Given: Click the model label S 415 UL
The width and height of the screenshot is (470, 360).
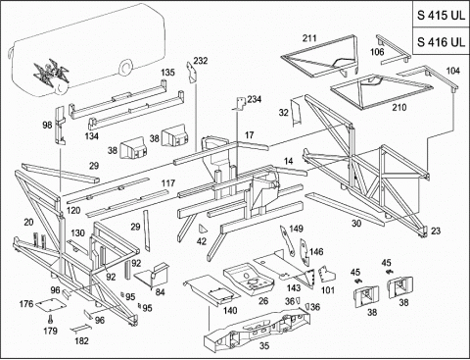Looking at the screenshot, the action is (x=441, y=16).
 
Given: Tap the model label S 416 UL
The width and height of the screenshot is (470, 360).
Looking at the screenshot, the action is (x=441, y=41).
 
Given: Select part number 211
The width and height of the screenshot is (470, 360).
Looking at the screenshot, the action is (x=309, y=38).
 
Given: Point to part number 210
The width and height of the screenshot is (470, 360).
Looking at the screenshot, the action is (x=399, y=107).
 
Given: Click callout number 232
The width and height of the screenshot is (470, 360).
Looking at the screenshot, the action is (x=201, y=61).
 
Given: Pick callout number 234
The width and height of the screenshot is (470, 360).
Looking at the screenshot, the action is (x=255, y=99).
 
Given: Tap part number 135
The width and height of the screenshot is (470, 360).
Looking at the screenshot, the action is (x=167, y=73).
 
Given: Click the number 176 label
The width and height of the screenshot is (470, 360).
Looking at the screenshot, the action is (x=26, y=304).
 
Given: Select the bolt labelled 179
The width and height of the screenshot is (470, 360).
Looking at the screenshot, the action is (x=51, y=318).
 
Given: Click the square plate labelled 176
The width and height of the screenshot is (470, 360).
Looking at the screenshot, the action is (x=51, y=304).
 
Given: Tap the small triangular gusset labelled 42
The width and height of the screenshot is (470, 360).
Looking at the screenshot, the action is (x=203, y=230).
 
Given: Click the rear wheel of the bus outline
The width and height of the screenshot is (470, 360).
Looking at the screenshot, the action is (x=125, y=67).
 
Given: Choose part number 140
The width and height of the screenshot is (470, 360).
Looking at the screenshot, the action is (x=230, y=310).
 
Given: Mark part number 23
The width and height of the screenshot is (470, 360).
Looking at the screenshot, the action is (x=436, y=231).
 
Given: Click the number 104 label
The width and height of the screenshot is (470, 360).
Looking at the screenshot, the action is (x=453, y=71).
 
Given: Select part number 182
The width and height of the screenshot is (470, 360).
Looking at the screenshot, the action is (x=81, y=340).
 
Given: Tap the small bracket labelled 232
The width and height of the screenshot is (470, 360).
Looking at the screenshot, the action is (x=191, y=72).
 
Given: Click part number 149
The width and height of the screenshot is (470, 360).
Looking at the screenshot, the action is (x=296, y=229).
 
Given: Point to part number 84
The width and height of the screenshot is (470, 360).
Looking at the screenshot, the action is (x=160, y=292).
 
